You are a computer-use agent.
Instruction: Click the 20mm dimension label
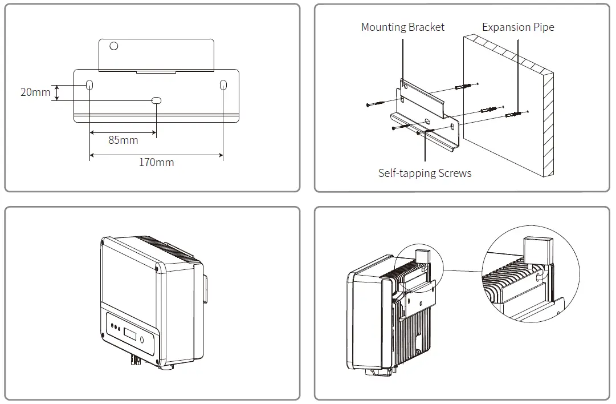[35, 92]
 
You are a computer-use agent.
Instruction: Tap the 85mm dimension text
[123, 140]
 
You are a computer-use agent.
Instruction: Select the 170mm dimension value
[156, 163]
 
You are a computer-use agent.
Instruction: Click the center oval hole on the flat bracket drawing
[156, 100]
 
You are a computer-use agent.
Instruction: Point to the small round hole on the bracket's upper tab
[114, 46]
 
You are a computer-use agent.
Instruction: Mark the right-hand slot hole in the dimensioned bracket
[223, 85]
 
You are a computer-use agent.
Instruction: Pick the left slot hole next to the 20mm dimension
[90, 85]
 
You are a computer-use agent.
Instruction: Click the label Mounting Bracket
[403, 27]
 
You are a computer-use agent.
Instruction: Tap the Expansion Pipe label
[518, 27]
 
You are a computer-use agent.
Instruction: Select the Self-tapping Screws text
[425, 173]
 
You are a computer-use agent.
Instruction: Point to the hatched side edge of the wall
[549, 126]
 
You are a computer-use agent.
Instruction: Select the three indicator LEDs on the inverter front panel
[116, 328]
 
